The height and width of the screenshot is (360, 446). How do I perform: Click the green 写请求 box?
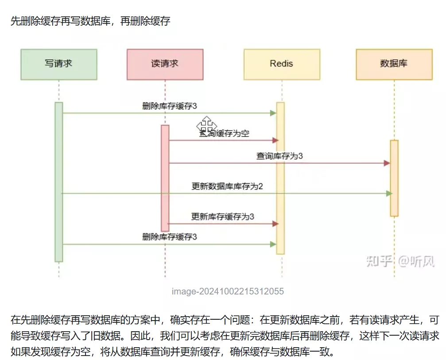pyautogui.click(x=58, y=64)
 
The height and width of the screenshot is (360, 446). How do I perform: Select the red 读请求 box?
pyautogui.click(x=165, y=64)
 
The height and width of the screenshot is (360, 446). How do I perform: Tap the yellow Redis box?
pyautogui.click(x=282, y=64)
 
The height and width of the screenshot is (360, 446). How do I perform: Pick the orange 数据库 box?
pyautogui.click(x=394, y=64)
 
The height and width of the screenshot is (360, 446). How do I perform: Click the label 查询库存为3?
pyautogui.click(x=279, y=156)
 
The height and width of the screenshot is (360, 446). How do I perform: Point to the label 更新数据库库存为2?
pyautogui.click(x=227, y=186)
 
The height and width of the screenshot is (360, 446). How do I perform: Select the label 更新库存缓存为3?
pyautogui.click(x=223, y=217)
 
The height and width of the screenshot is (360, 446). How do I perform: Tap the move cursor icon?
pyautogui.click(x=206, y=125)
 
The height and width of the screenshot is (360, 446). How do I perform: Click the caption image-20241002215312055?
pyautogui.click(x=228, y=291)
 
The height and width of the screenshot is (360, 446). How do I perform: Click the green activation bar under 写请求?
pyautogui.click(x=58, y=182)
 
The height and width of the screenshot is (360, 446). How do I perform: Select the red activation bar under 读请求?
pyautogui.click(x=165, y=177)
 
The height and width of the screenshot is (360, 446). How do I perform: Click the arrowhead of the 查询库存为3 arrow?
pyautogui.click(x=387, y=163)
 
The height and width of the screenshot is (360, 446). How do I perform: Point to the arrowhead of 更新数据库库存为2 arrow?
pyautogui.click(x=389, y=194)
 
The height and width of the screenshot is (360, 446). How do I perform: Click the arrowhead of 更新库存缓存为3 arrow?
pyautogui.click(x=275, y=224)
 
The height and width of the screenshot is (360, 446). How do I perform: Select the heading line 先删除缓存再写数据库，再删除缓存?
pyautogui.click(x=90, y=21)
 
